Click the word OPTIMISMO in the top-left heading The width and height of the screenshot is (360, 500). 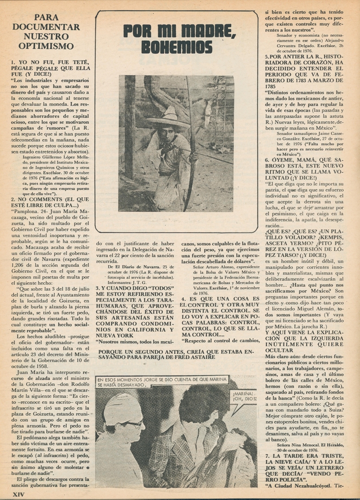[46, 46]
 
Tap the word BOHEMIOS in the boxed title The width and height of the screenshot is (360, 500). [177, 47]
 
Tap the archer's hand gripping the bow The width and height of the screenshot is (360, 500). [193, 157]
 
